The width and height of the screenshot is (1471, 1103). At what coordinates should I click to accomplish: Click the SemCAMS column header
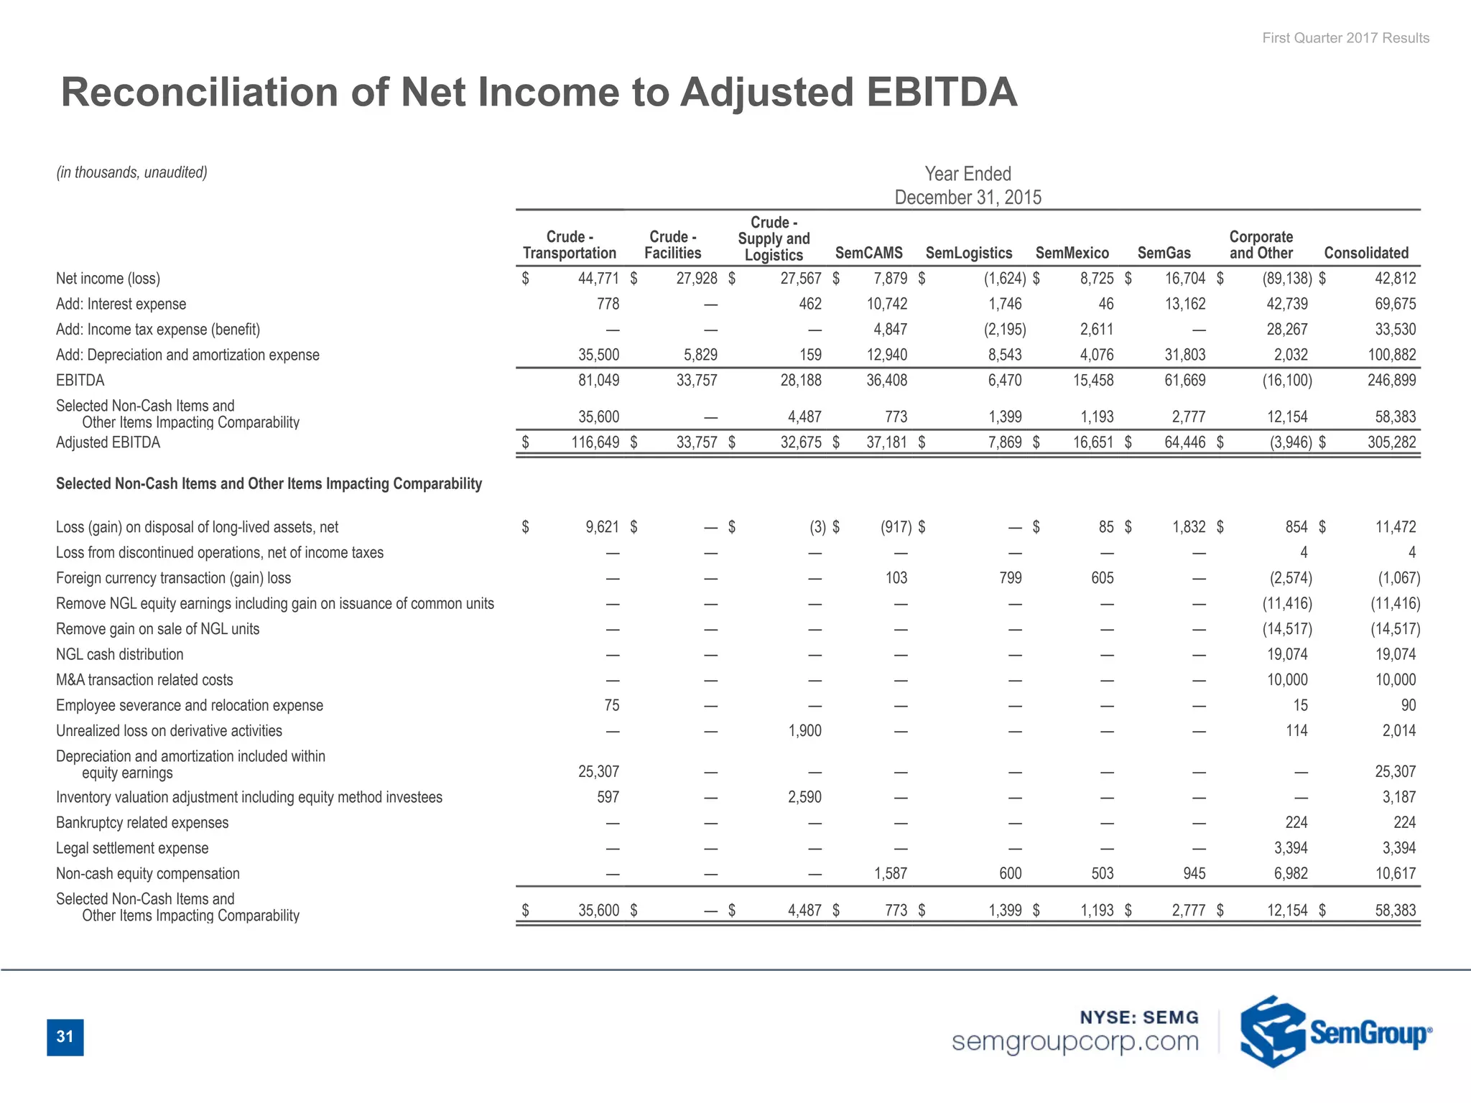coord(868,253)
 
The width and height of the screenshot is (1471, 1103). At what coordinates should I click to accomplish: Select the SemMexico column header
coord(1072,253)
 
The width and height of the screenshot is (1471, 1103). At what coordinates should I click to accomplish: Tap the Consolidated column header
coord(1366,253)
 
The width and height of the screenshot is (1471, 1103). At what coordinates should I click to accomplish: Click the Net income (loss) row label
coord(108,279)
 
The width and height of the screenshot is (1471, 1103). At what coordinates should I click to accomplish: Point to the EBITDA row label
coord(80,381)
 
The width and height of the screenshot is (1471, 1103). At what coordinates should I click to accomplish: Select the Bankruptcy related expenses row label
coord(142,823)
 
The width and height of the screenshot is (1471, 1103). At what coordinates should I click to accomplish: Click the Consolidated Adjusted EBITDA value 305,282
coord(1391,442)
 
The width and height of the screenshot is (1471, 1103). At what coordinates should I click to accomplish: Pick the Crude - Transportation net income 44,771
coord(598,279)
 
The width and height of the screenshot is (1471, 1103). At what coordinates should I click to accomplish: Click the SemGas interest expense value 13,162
coord(1184,304)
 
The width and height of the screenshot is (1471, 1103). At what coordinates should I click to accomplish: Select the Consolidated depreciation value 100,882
coord(1391,355)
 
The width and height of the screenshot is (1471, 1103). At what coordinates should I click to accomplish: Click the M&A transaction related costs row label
coord(144,680)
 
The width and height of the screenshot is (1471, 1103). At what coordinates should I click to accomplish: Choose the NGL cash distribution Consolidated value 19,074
coord(1395,654)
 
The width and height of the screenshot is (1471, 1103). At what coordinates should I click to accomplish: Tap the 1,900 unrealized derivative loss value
coord(804,731)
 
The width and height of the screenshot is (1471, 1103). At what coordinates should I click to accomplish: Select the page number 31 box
coord(65,1037)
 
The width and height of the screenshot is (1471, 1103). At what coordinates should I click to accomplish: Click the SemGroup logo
coord(1336,1031)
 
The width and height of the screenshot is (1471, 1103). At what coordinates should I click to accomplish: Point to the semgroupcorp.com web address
coord(1075,1041)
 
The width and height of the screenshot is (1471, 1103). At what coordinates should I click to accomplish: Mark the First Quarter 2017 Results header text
coord(1345,38)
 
